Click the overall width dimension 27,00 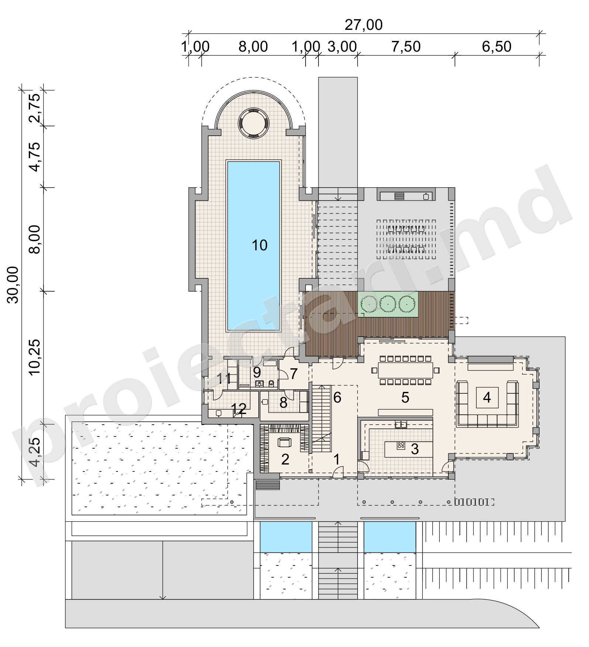pyautogui.click(x=364, y=25)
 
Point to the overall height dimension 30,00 pyautogui.click(x=14, y=285)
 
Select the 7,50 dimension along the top pyautogui.click(x=406, y=47)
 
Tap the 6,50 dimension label pyautogui.click(x=497, y=47)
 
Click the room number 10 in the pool pyautogui.click(x=259, y=245)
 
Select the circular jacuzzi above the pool pyautogui.click(x=254, y=124)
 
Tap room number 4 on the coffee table pyautogui.click(x=487, y=397)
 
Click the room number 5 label pyautogui.click(x=405, y=397)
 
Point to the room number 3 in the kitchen pyautogui.click(x=415, y=449)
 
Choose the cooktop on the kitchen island pyautogui.click(x=401, y=445)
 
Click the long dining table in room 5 pyautogui.click(x=405, y=370)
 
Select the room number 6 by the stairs pyautogui.click(x=337, y=397)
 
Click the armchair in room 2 pyautogui.click(x=284, y=442)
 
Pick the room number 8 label pyautogui.click(x=283, y=403)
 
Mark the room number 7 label pyautogui.click(x=294, y=374)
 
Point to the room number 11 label pyautogui.click(x=224, y=379)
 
